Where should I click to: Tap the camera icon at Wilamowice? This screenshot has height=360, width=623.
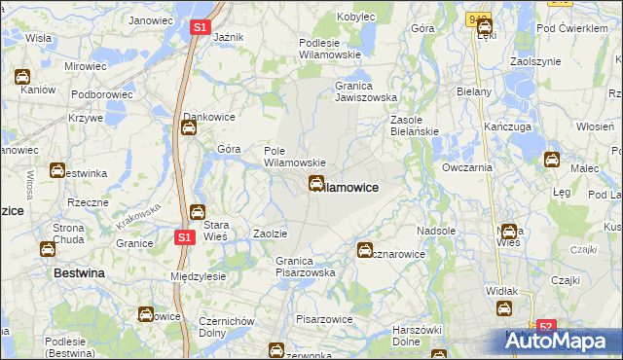[317, 183]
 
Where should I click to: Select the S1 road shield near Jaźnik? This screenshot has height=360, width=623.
[199, 29]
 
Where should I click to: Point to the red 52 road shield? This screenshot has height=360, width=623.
[546, 328]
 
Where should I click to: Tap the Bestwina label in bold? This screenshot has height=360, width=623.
[78, 274]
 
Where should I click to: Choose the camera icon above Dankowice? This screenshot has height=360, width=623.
[191, 126]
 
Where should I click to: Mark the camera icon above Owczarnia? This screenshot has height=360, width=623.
[552, 161]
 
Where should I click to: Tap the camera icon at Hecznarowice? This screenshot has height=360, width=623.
[365, 250]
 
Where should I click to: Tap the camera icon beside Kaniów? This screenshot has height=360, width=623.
[22, 76]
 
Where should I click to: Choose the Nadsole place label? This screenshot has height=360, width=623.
[436, 232]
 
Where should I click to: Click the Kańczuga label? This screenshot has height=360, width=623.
[504, 127]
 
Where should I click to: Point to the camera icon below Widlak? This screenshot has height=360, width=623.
[505, 308]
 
